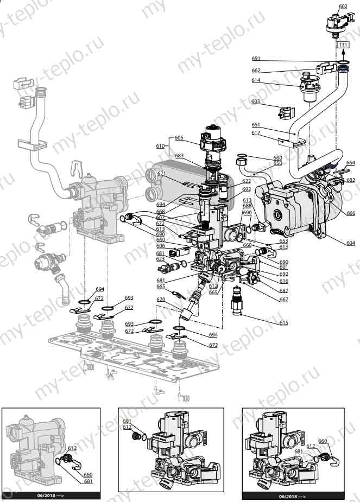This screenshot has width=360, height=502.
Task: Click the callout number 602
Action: [x=343, y=7]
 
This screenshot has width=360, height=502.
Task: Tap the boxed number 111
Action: [x=343, y=46]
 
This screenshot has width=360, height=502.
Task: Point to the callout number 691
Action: [x=256, y=58]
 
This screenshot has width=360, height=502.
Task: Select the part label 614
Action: [x=256, y=80]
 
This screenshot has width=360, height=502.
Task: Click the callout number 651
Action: [x=256, y=125]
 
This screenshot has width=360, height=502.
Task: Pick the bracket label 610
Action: [x=160, y=146]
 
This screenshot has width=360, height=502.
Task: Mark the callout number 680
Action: [x=277, y=158]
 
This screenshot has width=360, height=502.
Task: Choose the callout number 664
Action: [x=350, y=162]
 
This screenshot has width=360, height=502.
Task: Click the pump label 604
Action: [x=350, y=243]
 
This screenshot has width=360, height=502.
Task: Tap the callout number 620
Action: [x=161, y=300]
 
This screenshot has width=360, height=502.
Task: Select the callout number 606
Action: [x=160, y=246]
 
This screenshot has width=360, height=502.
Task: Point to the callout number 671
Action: [x=161, y=174]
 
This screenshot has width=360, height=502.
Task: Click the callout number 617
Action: [x=256, y=133]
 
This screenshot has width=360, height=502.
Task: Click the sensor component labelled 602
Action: [x=338, y=22]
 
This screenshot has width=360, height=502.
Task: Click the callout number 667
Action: [x=283, y=300]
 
